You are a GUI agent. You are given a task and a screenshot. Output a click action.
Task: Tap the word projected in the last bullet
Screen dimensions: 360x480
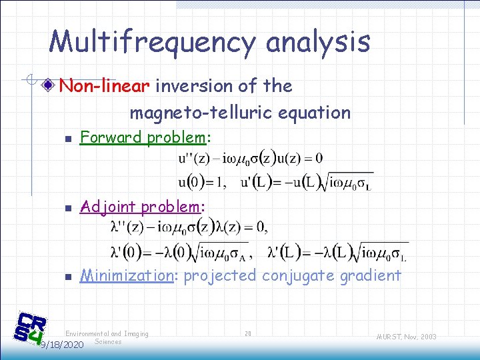point(219,275)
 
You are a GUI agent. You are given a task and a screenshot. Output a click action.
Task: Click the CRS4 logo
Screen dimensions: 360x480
point(31,328)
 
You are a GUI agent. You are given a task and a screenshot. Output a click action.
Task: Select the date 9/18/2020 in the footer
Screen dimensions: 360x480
point(61,345)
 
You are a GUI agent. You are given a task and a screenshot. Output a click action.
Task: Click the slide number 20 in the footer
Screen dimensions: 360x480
point(248,333)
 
